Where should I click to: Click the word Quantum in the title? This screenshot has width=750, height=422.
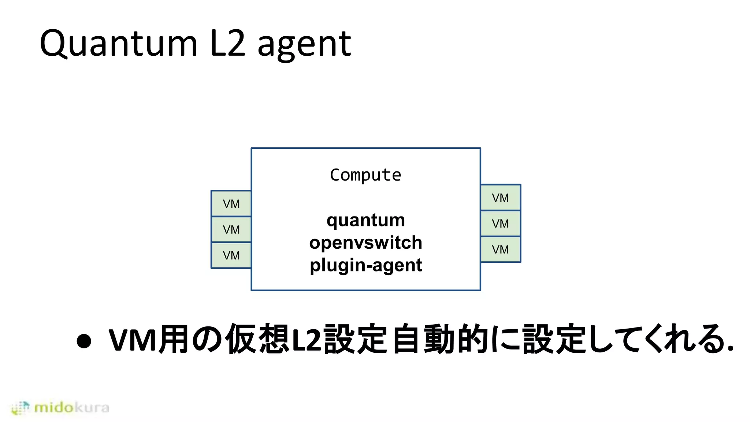(118, 44)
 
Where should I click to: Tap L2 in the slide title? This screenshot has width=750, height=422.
(227, 44)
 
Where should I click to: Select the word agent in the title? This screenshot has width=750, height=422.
(304, 45)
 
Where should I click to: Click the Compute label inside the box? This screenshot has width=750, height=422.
(365, 175)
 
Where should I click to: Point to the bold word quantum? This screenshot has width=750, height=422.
(365, 221)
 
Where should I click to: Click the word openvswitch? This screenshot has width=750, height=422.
(365, 243)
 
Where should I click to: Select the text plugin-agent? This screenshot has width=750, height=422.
(365, 265)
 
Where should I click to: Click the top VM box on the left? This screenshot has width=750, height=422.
(231, 204)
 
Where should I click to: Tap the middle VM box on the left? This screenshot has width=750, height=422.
(231, 230)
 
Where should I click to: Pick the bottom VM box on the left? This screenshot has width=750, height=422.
(231, 255)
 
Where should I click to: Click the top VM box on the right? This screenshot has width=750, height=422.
(500, 198)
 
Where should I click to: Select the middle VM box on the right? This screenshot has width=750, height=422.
(500, 223)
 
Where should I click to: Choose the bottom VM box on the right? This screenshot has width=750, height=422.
(500, 249)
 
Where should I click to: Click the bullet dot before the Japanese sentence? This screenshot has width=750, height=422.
(84, 341)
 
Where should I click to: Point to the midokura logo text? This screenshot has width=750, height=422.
(71, 407)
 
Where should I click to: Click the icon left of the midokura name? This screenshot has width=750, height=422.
(20, 408)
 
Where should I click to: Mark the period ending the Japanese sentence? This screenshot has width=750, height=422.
(730, 348)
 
